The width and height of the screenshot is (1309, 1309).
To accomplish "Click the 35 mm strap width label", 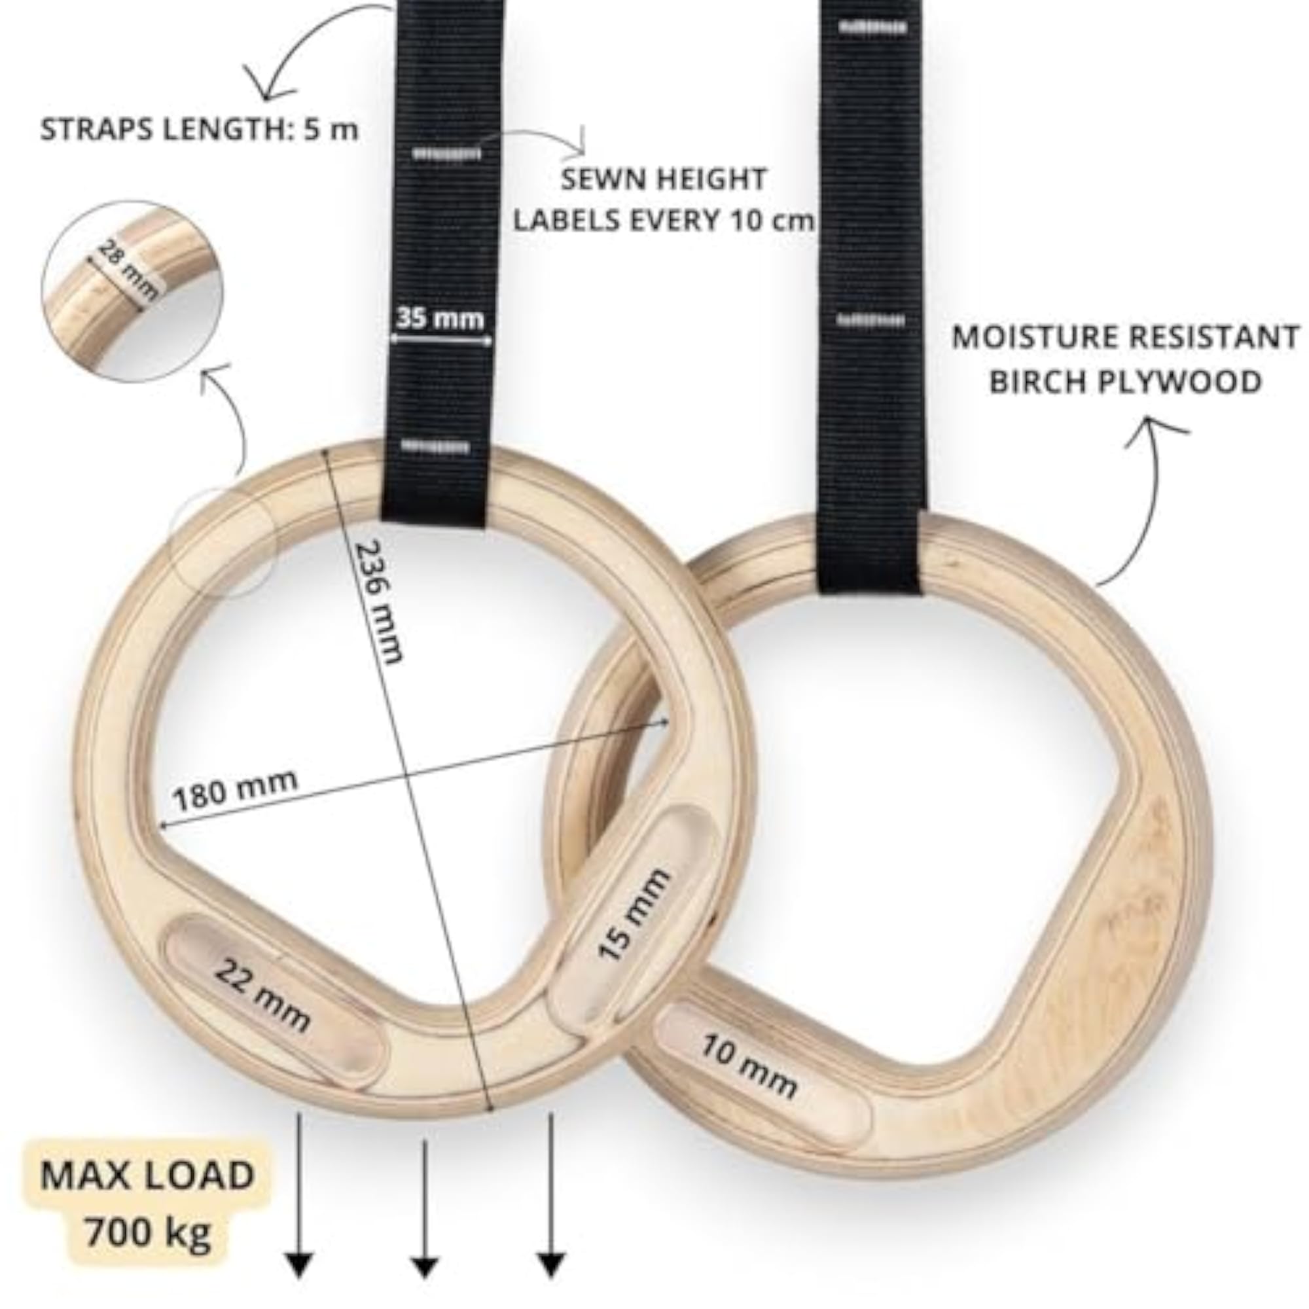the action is click(x=440, y=318).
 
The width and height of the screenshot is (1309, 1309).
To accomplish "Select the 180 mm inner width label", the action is click(x=236, y=790).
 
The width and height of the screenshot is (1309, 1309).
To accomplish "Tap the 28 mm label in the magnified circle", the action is click(x=129, y=270).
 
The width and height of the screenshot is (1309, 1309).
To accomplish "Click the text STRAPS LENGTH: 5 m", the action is click(x=199, y=130).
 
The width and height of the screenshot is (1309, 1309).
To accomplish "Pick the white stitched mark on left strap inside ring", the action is click(x=436, y=446).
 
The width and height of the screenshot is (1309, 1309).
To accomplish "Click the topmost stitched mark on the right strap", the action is click(x=872, y=27).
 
